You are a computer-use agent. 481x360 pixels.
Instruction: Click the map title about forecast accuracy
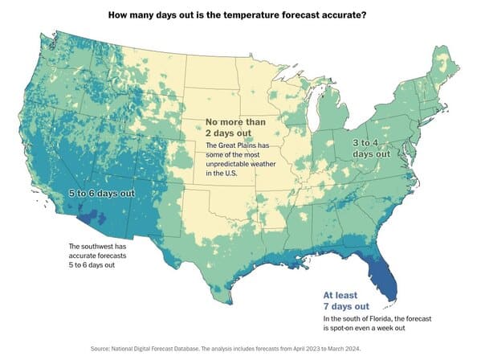tap(237, 14)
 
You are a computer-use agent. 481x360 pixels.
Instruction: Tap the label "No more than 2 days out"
tap(235, 127)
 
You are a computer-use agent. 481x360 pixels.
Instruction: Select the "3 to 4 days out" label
tap(371, 148)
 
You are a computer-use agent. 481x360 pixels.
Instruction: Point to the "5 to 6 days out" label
tap(101, 194)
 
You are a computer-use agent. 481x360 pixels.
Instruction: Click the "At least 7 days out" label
tap(346, 301)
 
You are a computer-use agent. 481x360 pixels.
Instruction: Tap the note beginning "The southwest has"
tap(97, 256)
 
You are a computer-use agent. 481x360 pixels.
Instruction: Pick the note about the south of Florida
tap(377, 323)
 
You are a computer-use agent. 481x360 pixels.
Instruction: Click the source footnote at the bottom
tap(226, 349)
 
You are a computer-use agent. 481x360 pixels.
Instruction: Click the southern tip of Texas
tap(229, 303)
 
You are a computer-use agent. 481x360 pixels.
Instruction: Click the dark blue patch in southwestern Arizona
tap(92, 215)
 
